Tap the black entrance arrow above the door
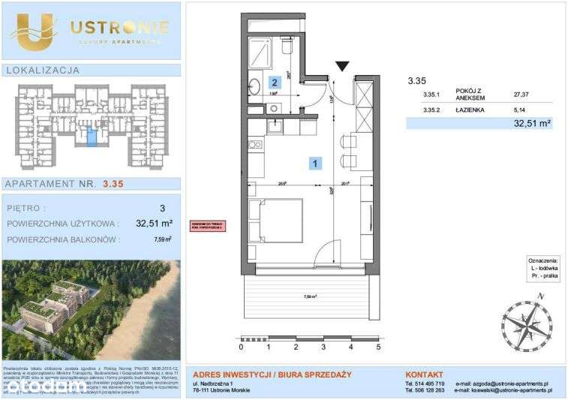pos(343,67)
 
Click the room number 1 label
pos(317,162)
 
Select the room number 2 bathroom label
pos(275,83)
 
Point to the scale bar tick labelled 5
pos(378,347)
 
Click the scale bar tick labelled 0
pos(241,347)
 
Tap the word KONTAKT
pos(425,373)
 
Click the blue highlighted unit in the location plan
pos(92,137)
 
